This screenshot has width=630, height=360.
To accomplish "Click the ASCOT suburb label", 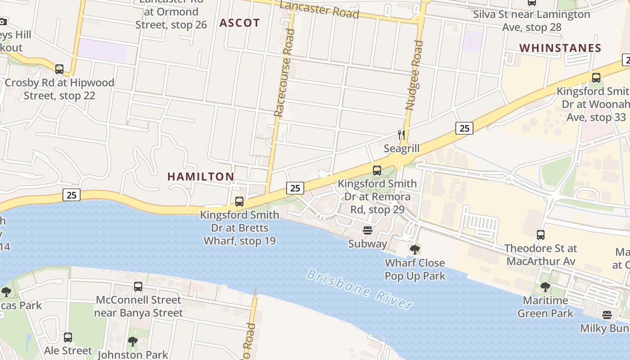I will point(239,23).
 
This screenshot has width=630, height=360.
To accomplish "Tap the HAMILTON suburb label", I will point(201,177).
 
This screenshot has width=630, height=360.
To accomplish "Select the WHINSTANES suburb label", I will point(560,48).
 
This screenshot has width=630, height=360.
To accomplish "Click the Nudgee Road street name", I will point(414,75).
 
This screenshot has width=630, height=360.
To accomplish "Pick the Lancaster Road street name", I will point(319,9).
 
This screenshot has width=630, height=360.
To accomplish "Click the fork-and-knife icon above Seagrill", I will point(401,135).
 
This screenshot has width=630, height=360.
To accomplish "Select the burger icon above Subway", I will point(368,231).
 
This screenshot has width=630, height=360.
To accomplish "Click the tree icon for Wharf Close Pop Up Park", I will point(414,249).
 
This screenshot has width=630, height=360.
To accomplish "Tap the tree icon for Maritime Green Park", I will point(545,287).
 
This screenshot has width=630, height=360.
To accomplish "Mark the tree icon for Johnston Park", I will point(132,342).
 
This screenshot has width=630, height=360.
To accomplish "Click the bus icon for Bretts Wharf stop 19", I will point(239,202).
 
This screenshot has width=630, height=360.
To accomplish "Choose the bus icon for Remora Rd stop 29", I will point(377,171).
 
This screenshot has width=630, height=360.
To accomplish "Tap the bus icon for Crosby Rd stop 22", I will point(59,69).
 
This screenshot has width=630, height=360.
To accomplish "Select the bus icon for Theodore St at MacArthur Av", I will point(540,235).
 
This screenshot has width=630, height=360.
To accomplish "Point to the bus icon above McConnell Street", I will point(138,287).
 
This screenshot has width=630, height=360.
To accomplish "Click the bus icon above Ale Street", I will point(68,337).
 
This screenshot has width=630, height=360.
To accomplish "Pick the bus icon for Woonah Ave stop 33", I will point(596,78).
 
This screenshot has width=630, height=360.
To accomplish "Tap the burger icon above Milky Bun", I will point(607,315).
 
